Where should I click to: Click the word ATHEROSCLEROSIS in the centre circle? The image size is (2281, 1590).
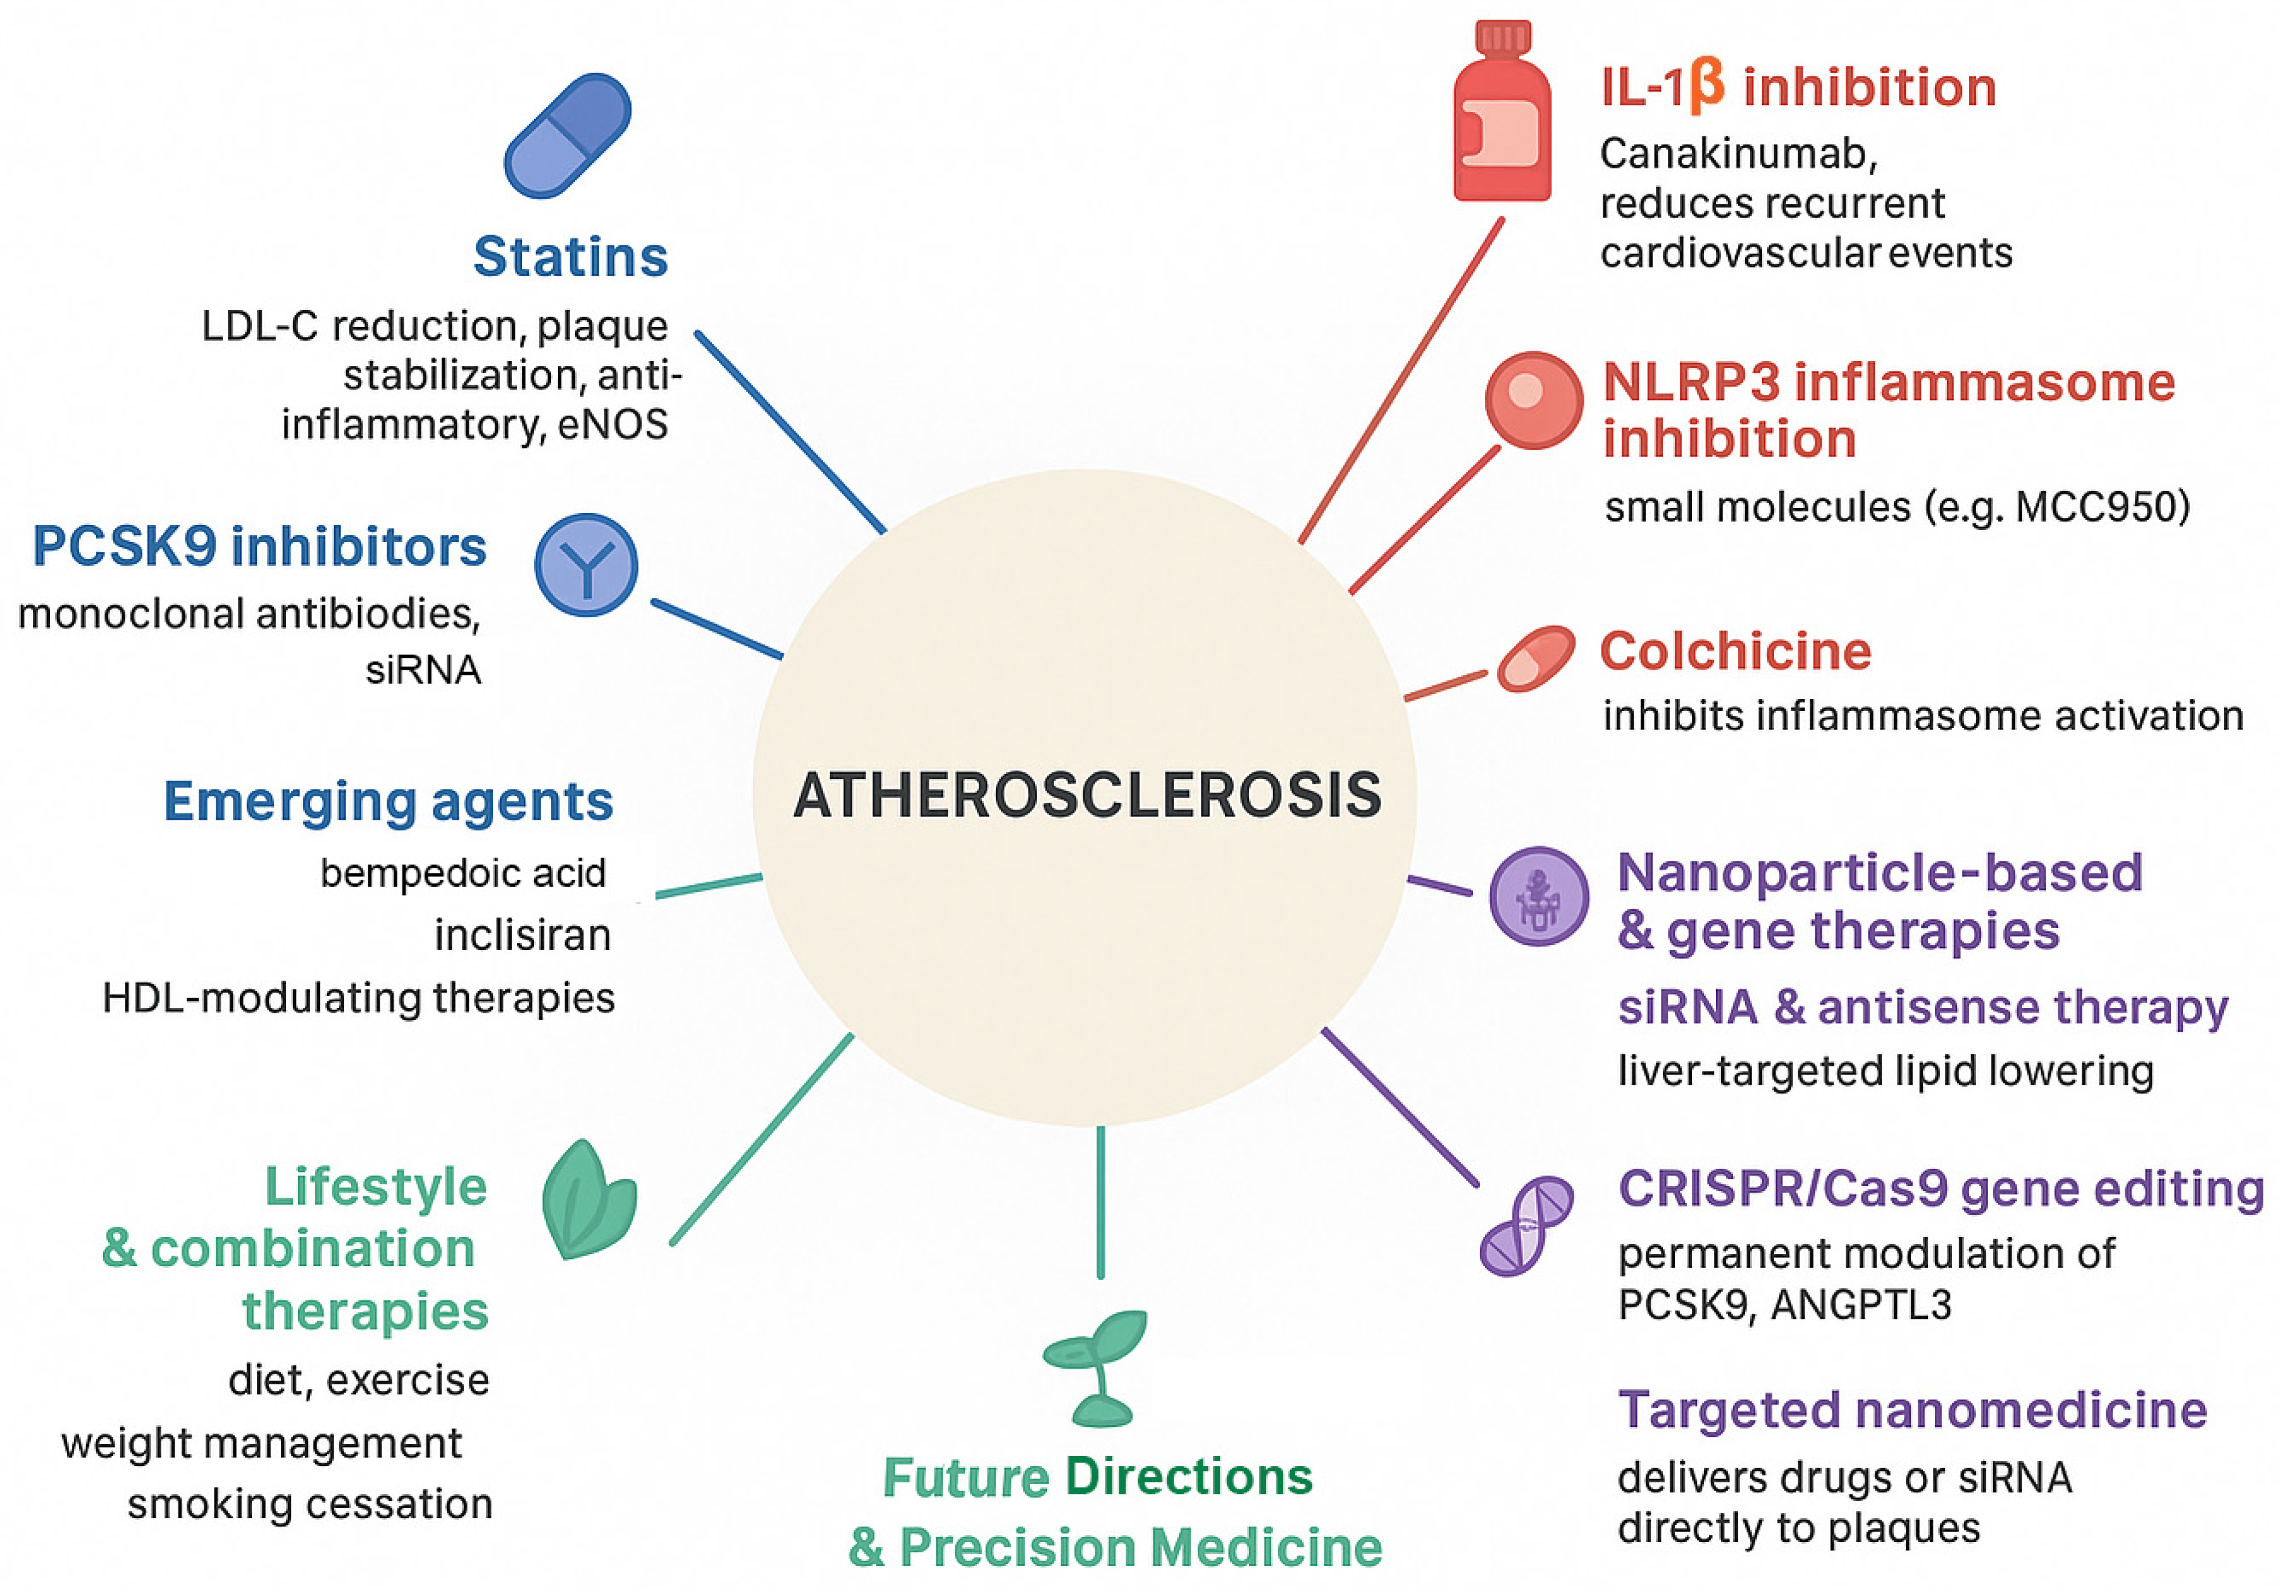[x=1087, y=796]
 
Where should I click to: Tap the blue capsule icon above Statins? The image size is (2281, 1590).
[x=568, y=135]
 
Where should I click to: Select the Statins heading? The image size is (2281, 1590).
[x=570, y=256]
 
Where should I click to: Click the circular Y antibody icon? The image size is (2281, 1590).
[x=586, y=564]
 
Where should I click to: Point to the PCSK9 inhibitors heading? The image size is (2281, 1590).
[x=259, y=546]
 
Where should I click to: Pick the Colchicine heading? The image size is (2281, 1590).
[x=1734, y=651]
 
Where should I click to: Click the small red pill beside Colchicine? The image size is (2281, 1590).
[x=1536, y=658]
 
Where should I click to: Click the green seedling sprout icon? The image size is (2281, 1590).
[x=1097, y=1365]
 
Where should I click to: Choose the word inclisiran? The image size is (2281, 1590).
[x=523, y=935]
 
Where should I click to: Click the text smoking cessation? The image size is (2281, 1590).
[x=310, y=1503]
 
